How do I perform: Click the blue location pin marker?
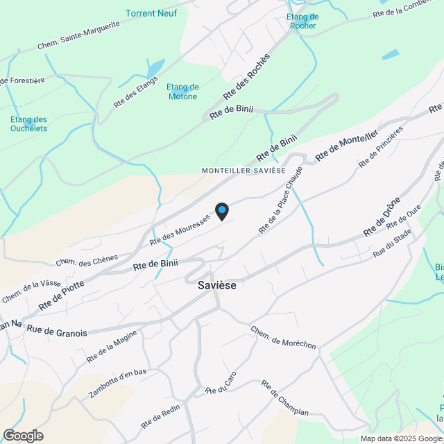[221, 211]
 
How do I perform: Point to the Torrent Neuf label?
[151, 13]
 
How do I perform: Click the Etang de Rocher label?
[302, 22]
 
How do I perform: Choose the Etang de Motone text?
[183, 92]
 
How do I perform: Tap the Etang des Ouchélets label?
[28, 123]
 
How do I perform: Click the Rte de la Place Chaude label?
[281, 199]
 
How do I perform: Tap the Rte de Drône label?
[382, 217]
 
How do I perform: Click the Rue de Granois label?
[57, 333]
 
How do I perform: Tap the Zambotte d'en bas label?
[118, 384]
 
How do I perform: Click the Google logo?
[22, 435]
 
